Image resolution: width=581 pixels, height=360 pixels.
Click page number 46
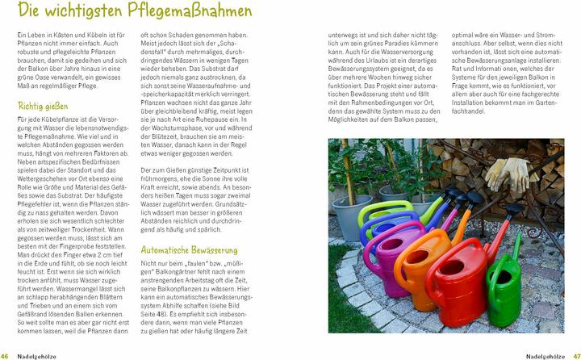6,355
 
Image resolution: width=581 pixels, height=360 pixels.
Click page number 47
575,355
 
